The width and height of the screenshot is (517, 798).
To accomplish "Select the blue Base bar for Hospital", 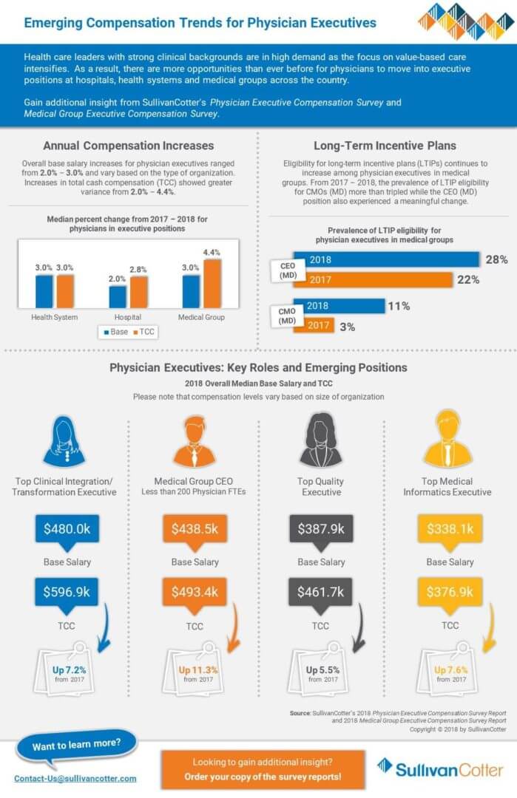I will point(118,296).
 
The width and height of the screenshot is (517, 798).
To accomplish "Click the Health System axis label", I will point(54,317).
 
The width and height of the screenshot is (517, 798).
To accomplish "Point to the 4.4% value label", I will point(212,253).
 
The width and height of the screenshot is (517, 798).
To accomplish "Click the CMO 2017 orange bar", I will point(314,326).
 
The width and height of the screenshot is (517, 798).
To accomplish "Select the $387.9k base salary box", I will point(320,530).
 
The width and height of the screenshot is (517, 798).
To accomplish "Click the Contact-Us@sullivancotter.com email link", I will point(75,778).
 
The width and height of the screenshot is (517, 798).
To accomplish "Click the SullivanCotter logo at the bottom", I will point(439,768).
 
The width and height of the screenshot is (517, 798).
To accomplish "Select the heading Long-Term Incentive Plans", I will point(385,146).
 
